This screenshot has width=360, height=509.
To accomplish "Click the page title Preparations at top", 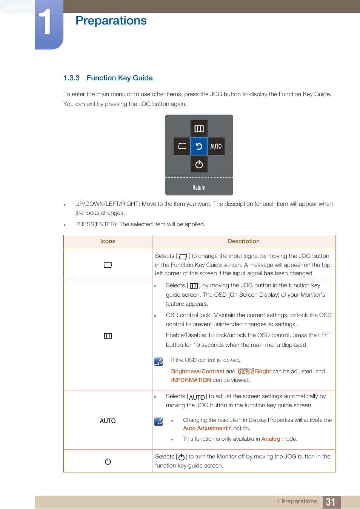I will pos(111,20).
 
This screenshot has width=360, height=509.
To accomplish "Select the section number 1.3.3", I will pos(71,78).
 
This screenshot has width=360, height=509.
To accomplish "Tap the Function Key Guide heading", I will pos(120,78).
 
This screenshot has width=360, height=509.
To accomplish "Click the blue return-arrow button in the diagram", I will pos(199,146).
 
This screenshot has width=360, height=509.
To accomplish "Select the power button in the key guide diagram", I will pos(199,164).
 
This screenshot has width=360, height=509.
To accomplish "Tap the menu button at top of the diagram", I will pos(199,129).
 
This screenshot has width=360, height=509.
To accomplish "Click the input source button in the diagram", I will pos(182,146).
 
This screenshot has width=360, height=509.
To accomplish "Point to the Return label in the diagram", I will pos(199,188).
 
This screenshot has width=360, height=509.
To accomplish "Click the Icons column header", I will pos(108,241).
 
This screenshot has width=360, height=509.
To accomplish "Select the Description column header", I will pos(243,241).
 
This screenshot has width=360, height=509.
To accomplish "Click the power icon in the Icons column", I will pos(108,461).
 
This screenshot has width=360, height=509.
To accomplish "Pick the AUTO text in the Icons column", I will pos(108,421).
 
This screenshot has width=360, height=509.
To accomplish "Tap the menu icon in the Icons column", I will pos(108,336).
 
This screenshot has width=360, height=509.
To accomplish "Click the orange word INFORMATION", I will pos(191,380).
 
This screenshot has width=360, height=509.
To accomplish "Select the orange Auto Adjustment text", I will pos(205,428).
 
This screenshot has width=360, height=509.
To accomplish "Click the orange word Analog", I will pos(271,439).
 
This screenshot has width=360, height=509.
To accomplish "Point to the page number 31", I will pos(331,502).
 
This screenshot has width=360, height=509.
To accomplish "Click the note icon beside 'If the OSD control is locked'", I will pos(159,362).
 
